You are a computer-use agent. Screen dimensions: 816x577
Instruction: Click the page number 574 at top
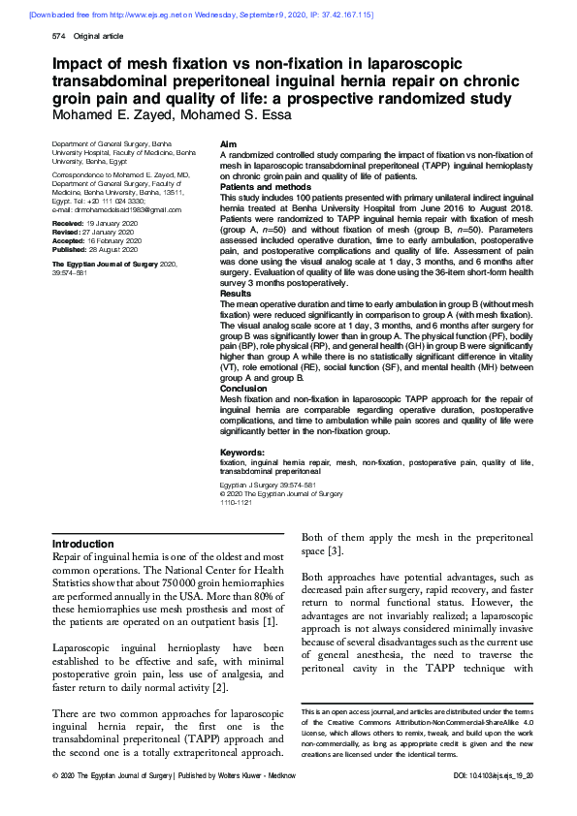[57, 36]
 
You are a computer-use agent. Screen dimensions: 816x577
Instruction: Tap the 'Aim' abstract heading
[228, 142]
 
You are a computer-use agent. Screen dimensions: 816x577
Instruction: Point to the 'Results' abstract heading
[236, 292]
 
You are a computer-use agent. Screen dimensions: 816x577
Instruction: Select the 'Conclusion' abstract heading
[242, 388]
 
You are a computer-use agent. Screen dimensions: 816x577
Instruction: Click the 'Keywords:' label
[242, 453]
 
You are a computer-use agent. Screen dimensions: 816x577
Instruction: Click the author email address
[110, 209]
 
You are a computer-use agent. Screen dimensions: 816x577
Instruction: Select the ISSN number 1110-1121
[237, 503]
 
